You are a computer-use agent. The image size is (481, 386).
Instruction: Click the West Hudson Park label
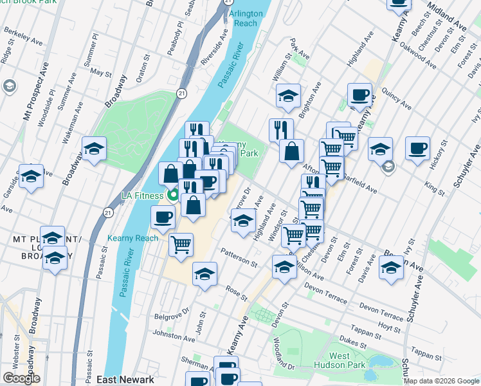[340, 361]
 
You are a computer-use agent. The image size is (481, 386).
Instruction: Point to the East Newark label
[125, 380]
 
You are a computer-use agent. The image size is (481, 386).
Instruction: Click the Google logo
[21, 378]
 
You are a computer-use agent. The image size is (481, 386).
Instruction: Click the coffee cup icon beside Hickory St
[417, 149]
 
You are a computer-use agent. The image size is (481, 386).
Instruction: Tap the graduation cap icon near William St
[289, 96]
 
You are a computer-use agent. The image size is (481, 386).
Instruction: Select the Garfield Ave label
[359, 179]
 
